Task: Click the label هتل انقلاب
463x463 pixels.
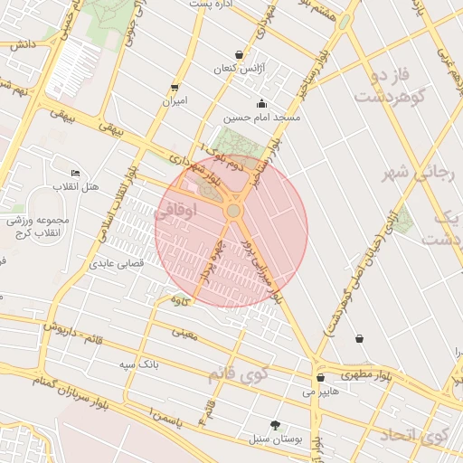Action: [x=78, y=186]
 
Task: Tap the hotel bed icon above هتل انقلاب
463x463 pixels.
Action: [x=75, y=173]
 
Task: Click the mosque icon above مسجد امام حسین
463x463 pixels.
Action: [x=262, y=103]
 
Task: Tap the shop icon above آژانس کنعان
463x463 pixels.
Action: [x=239, y=55]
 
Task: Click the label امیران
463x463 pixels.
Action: [x=175, y=101]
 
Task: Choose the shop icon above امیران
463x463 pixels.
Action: [x=175, y=88]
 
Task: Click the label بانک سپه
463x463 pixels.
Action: [x=140, y=364]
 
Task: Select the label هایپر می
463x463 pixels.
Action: [x=321, y=392]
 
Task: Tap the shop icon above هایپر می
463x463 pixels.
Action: [x=321, y=378]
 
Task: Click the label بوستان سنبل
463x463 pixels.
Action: [x=276, y=439]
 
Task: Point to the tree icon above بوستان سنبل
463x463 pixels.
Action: [x=276, y=425]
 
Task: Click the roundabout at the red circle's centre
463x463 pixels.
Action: [x=233, y=211]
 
